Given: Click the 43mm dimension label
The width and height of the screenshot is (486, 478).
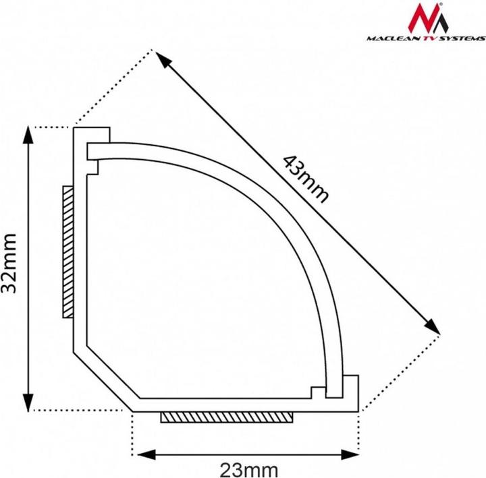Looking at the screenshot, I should click(x=305, y=179).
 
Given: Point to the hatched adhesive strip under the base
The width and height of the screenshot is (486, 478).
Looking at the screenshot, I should click(x=227, y=418).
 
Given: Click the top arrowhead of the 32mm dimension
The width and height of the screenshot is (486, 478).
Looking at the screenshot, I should click(x=28, y=135).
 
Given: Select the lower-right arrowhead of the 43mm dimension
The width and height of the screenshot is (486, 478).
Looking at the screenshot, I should click(x=432, y=326).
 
